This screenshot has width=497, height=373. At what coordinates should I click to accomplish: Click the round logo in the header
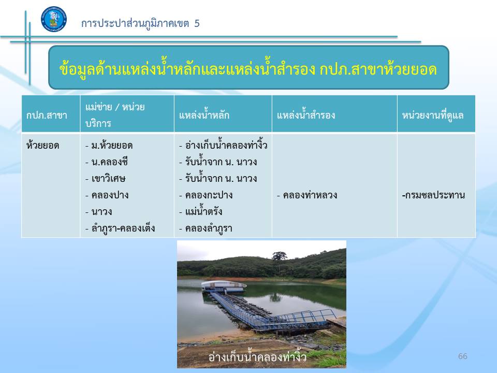coord(54,19)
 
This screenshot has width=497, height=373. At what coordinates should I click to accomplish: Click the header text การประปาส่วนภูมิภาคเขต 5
coord(140,23)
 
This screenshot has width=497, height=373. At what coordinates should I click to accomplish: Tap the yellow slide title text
coord(248,68)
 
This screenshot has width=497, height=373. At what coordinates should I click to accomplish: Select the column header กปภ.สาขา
coord(47,115)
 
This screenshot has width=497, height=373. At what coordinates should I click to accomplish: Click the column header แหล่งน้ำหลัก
coord(204,114)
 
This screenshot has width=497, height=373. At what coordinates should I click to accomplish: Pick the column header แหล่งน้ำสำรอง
coord(306,114)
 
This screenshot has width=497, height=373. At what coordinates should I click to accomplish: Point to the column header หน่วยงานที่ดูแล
coord(433,115)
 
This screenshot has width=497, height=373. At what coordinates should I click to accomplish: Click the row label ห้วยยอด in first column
coord(43,145)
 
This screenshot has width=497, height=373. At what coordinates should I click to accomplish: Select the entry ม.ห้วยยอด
coord(109,145)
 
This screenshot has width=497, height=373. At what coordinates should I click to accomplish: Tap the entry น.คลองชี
coord(107,162)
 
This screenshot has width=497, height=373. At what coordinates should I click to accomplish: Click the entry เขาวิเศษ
coord(106,178)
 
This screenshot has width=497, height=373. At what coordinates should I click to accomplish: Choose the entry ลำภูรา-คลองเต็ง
coord(120,228)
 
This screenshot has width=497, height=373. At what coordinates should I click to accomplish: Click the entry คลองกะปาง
coord(206,195)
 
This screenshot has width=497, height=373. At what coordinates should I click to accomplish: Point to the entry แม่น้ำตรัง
coord(201,211)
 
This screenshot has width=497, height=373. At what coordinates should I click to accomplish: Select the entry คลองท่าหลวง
coord(307,195)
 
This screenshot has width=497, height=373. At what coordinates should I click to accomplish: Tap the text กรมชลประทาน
coord(434,195)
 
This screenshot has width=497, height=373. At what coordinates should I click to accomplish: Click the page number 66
coord(463,356)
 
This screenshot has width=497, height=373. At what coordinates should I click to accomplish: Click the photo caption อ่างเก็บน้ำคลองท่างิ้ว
coord(257,356)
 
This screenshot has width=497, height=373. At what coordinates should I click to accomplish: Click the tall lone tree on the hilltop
coord(280,260)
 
